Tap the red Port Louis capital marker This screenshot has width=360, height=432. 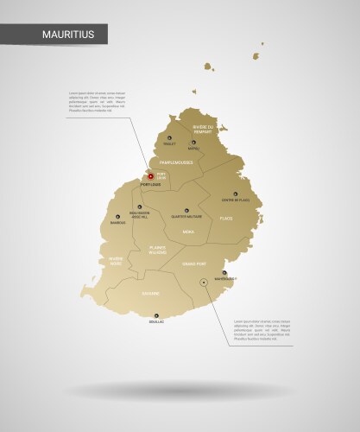click(x=150, y=175)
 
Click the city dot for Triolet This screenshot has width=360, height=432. click(x=169, y=143)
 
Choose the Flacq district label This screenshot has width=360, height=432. click(x=225, y=219)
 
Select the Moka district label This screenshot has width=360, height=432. click(x=187, y=232)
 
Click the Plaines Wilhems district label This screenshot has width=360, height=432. click(x=156, y=251)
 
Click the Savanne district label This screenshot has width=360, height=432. click(x=150, y=293)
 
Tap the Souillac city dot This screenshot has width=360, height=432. click(x=155, y=315)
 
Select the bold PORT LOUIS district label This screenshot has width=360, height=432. click(x=151, y=184)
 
